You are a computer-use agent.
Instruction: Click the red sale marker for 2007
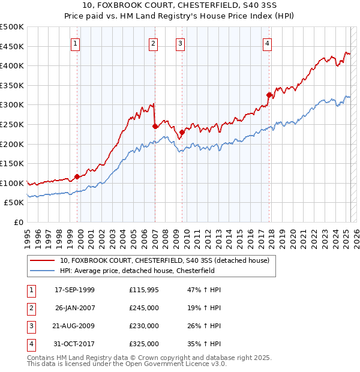coord(155,126)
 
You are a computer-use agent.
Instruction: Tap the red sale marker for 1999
coord(77,176)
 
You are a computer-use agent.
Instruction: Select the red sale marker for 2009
coord(182,132)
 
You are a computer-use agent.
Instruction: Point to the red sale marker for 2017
coord(269,94)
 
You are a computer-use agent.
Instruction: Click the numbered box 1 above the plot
coord(76,43)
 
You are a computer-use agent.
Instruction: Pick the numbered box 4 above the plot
coord(267,43)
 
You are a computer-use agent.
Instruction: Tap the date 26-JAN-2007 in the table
coord(75,308)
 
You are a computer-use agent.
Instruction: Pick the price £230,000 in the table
coord(144,326)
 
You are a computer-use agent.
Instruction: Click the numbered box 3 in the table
coord(31,326)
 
